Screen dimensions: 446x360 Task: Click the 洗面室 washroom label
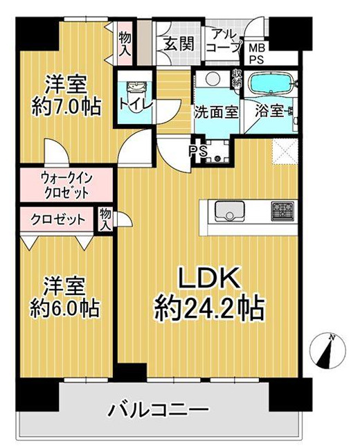[x=216, y=111]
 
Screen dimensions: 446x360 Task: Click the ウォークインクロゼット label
[x=66, y=186]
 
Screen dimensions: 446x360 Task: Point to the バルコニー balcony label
[x=157, y=411]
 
